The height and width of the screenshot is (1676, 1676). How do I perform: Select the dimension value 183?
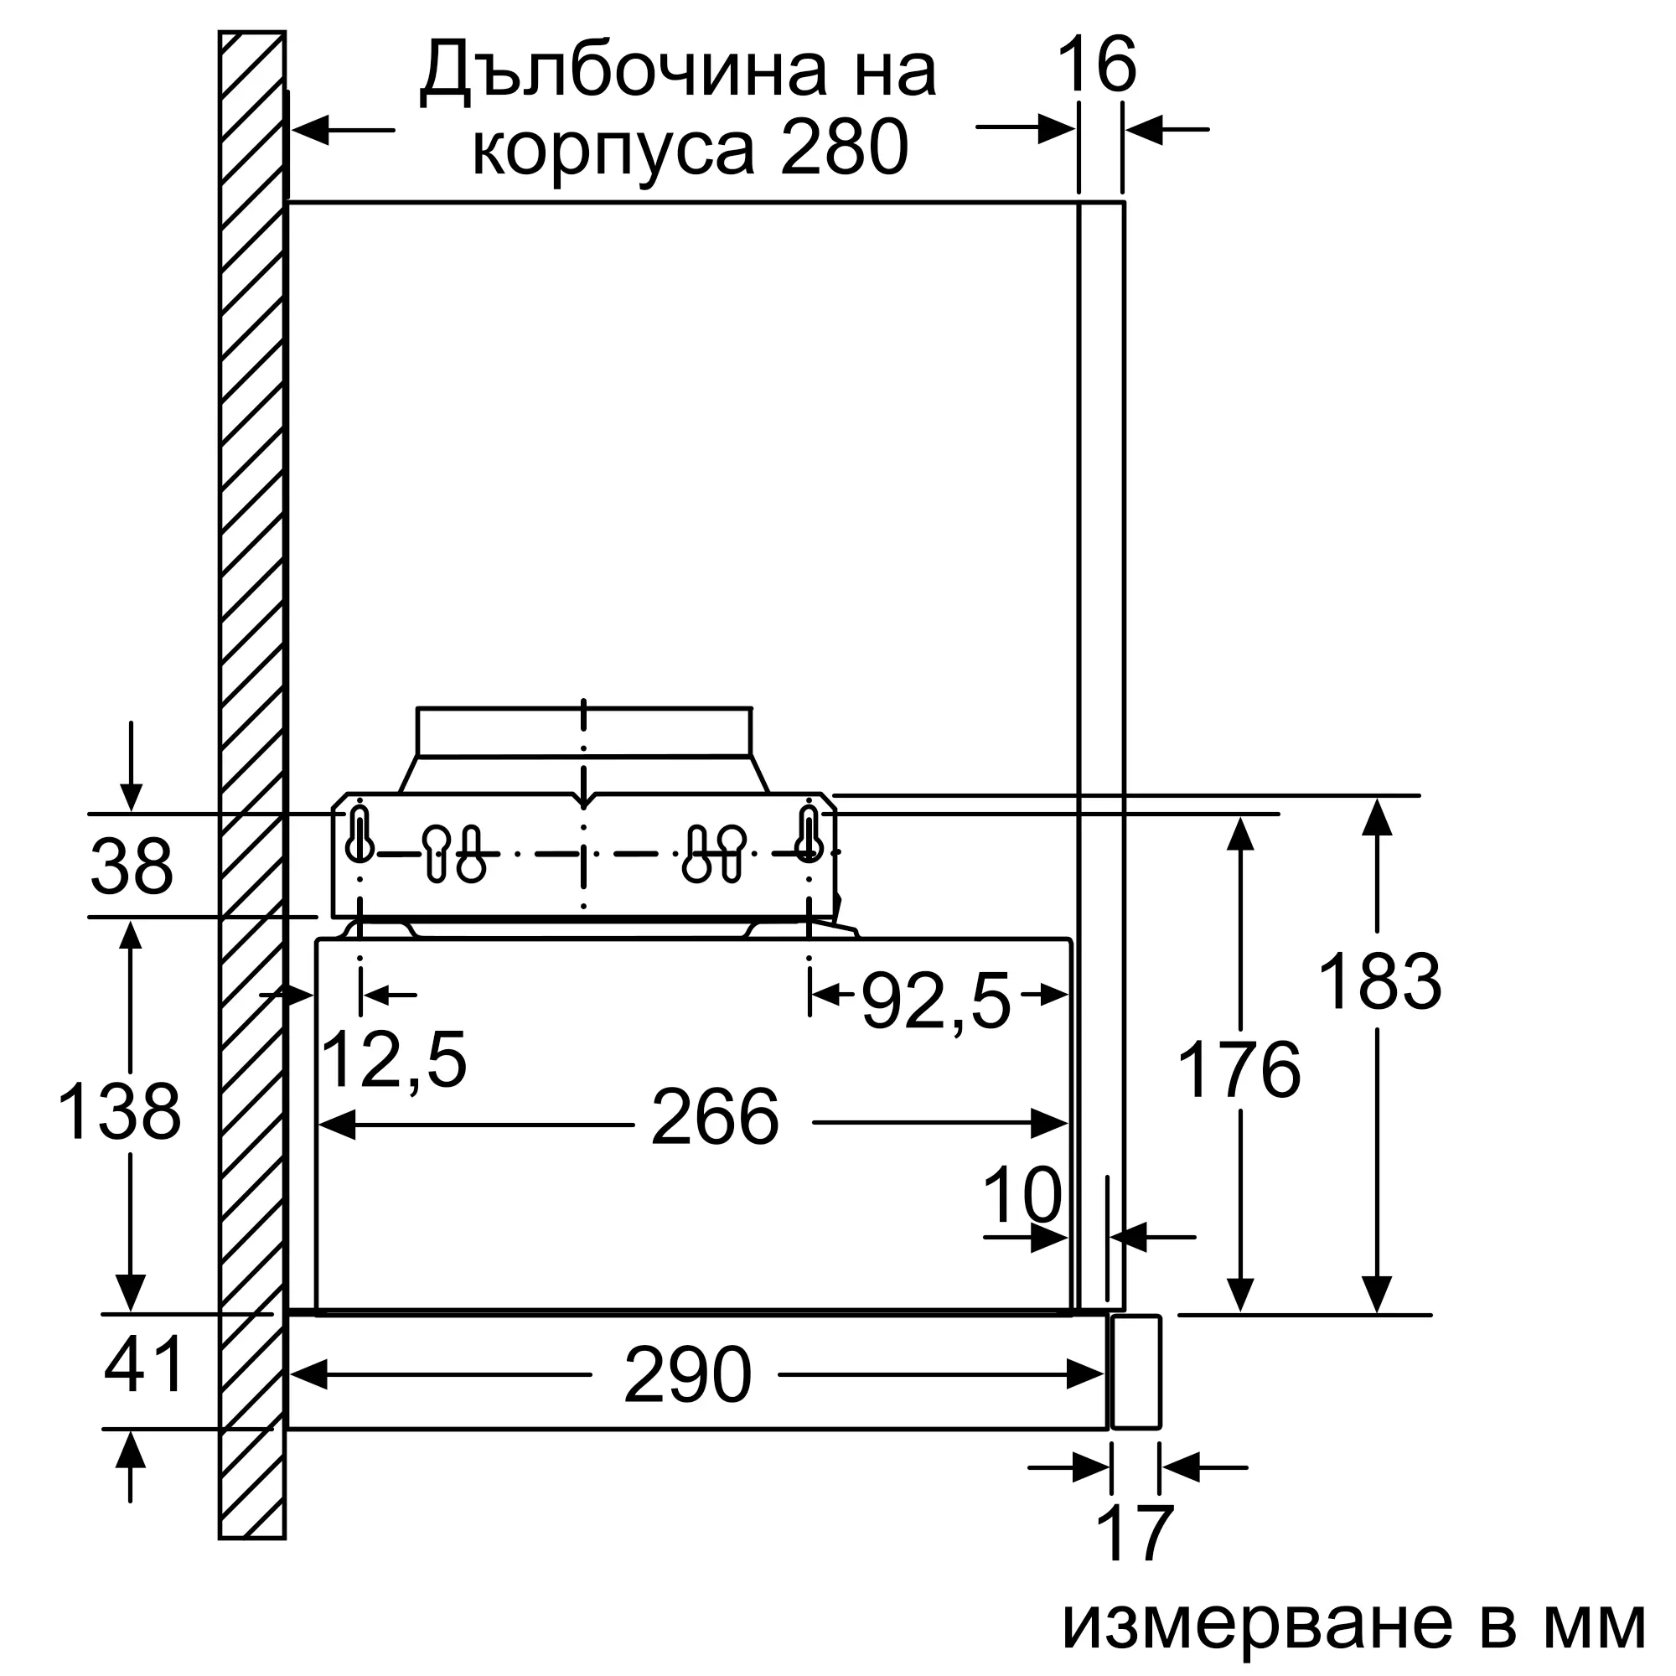[1379, 982]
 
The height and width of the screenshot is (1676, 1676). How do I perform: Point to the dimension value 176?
[1239, 1069]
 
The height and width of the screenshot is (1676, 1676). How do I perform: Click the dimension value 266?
[715, 1117]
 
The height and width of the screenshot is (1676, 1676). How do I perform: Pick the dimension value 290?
[687, 1375]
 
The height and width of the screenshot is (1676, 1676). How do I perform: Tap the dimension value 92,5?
[936, 1001]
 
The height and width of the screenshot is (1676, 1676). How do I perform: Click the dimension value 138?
[119, 1111]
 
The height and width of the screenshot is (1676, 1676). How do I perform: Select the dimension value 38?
[132, 866]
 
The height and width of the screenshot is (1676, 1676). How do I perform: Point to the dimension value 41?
[144, 1364]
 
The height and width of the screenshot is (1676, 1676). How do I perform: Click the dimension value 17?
[1135, 1534]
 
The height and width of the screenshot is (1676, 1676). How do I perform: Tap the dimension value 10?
[1022, 1194]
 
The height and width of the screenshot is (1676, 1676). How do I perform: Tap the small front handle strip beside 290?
[1135, 1372]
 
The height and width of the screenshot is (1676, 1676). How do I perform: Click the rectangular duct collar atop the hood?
[584, 732]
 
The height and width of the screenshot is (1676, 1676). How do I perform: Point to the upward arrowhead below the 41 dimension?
[130, 1450]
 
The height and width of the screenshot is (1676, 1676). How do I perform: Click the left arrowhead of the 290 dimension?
[307, 1374]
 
